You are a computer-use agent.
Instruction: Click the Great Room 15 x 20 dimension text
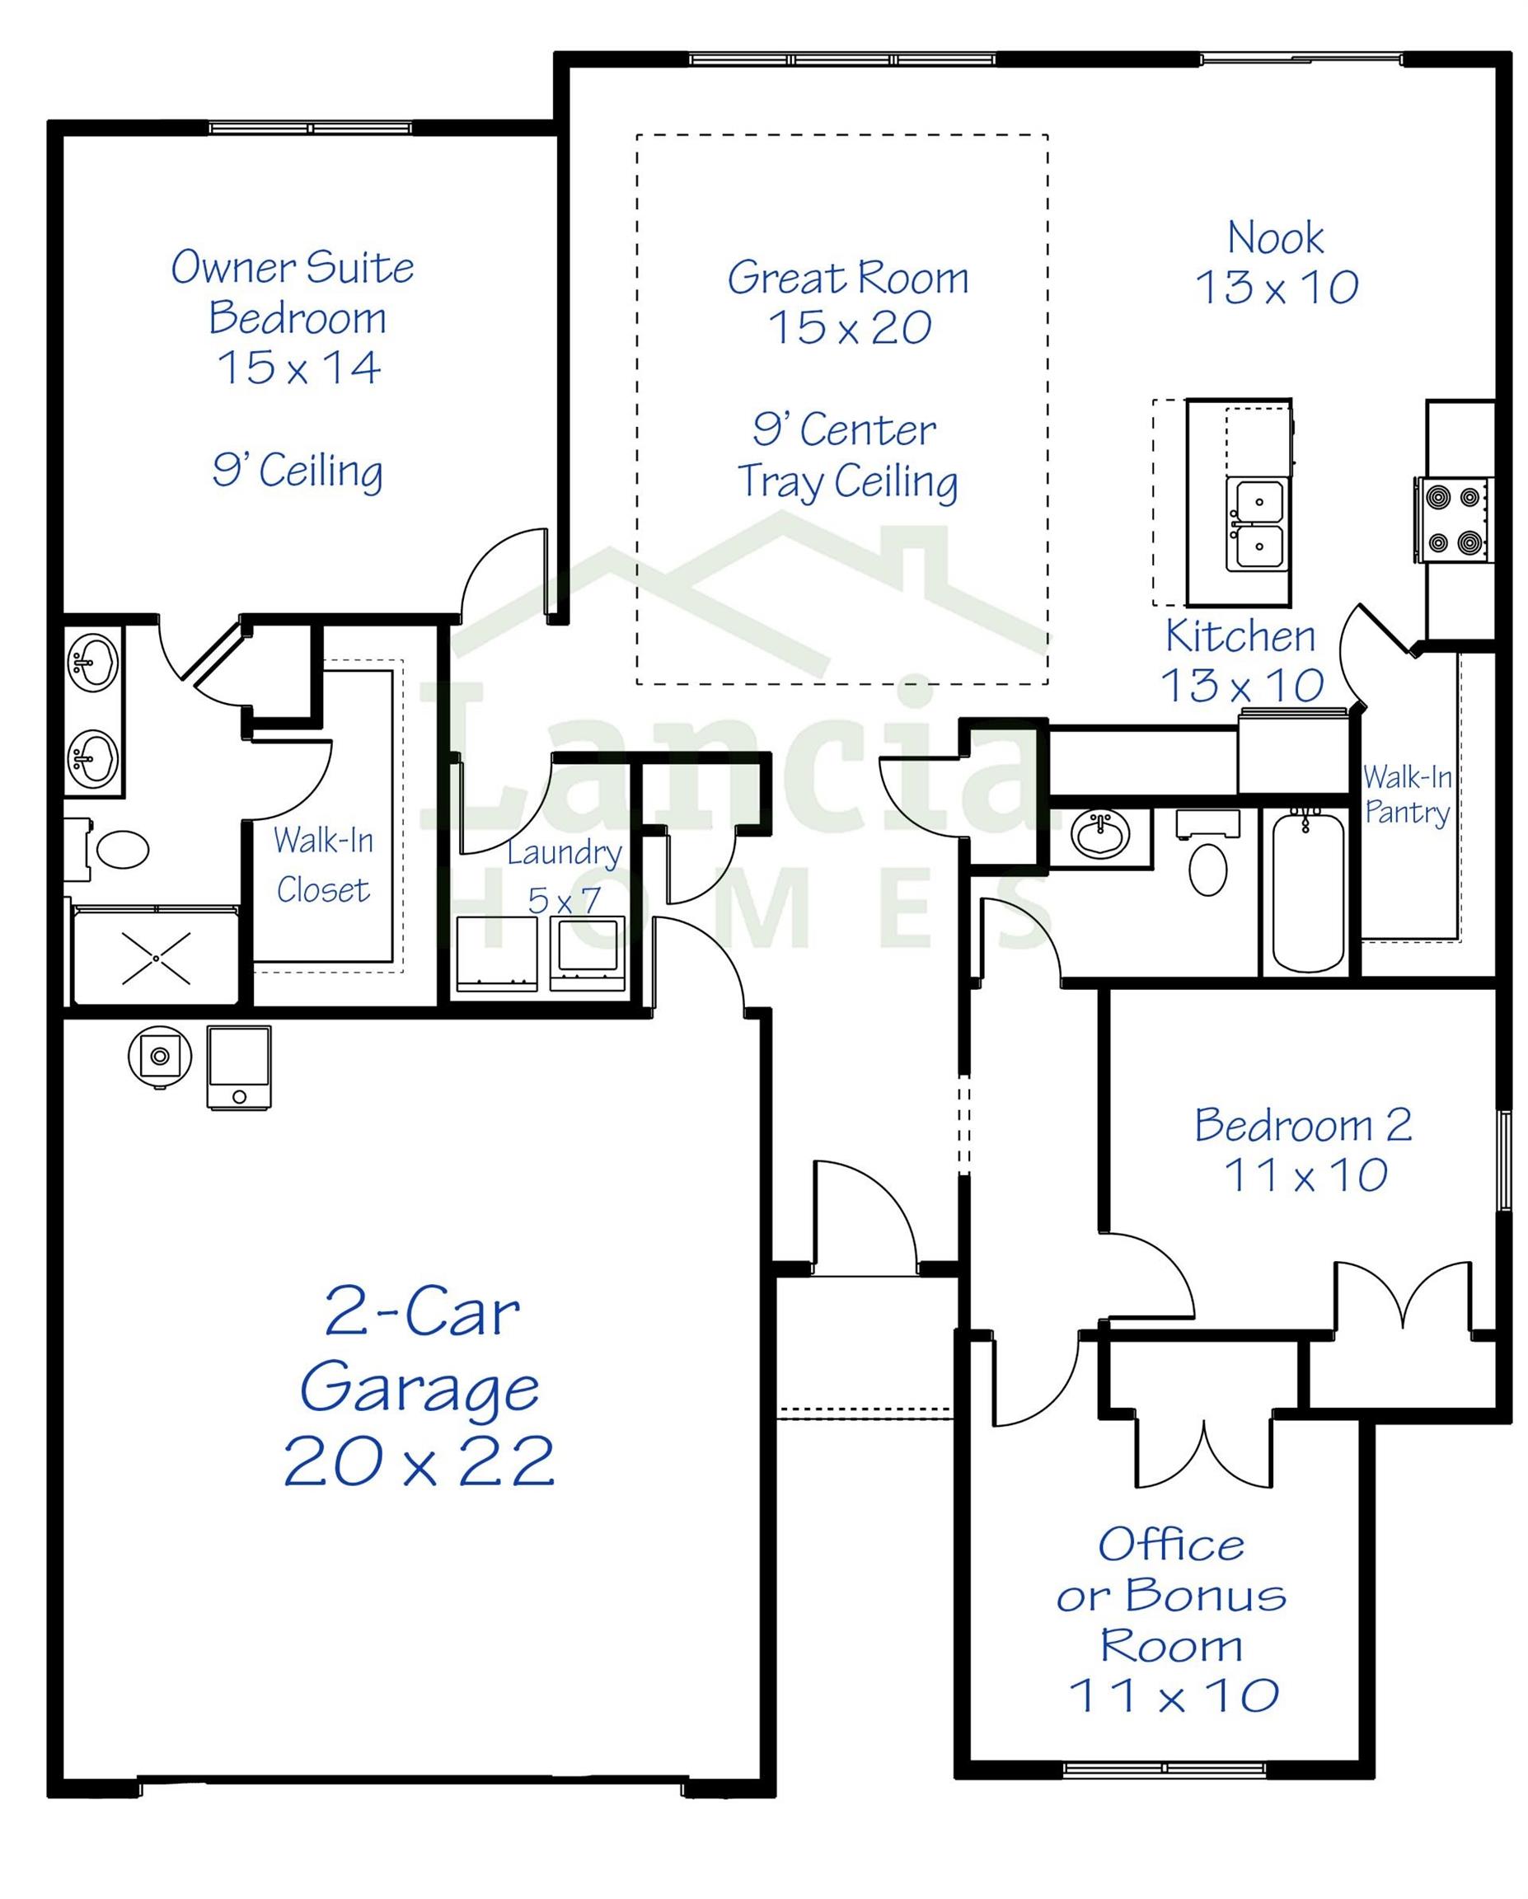tap(849, 328)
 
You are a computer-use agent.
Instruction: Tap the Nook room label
tap(1274, 238)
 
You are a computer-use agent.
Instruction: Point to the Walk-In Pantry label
tap(1407, 795)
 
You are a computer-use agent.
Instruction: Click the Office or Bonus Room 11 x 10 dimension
tap(1173, 1695)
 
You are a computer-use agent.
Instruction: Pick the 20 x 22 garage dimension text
tap(419, 1462)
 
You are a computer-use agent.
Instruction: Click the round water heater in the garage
tap(159, 1056)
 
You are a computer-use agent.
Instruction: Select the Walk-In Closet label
tap(323, 865)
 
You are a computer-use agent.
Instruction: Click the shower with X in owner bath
tap(156, 959)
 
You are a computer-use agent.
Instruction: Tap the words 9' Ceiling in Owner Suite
tap(298, 471)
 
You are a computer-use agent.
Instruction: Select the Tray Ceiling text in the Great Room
tap(847, 482)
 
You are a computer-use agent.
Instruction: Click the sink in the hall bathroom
tap(1099, 832)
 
